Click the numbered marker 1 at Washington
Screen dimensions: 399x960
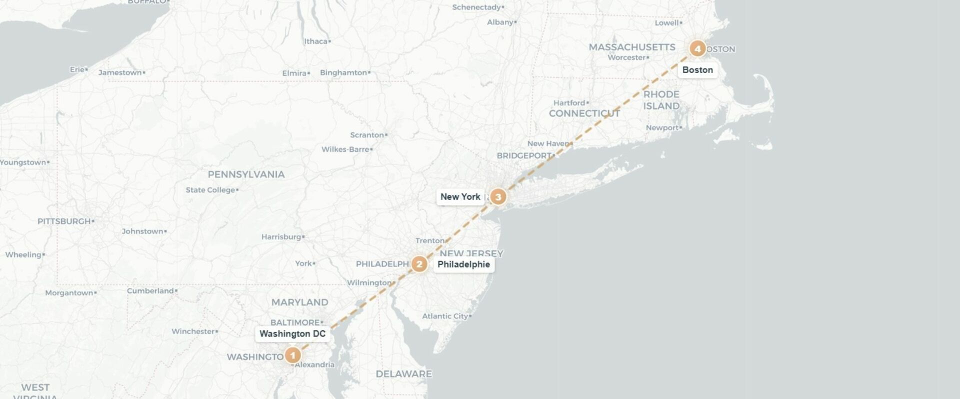coord(292,355)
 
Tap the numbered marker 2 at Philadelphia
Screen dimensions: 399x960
coord(419,263)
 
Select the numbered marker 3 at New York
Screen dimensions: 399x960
coord(497,196)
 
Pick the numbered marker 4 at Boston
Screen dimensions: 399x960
coord(697,48)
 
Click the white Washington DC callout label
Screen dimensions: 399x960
coord(292,333)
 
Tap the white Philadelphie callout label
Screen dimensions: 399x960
coord(463,264)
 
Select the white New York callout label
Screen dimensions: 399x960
coord(460,196)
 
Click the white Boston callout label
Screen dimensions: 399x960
coord(697,70)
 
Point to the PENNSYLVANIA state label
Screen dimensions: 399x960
coord(246,174)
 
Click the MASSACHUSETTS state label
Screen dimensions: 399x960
coord(632,47)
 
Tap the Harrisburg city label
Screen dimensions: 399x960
coord(281,236)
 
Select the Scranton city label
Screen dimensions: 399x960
coord(367,135)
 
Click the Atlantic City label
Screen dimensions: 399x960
coord(445,316)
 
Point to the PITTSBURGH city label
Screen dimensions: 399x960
coord(64,221)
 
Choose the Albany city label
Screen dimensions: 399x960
coord(500,22)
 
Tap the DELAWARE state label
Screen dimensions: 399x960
coord(403,373)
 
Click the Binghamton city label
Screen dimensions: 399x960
coord(343,72)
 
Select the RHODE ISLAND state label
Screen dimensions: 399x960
coord(661,100)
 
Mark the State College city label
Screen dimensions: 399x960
coord(210,190)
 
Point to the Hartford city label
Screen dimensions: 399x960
coord(569,103)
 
